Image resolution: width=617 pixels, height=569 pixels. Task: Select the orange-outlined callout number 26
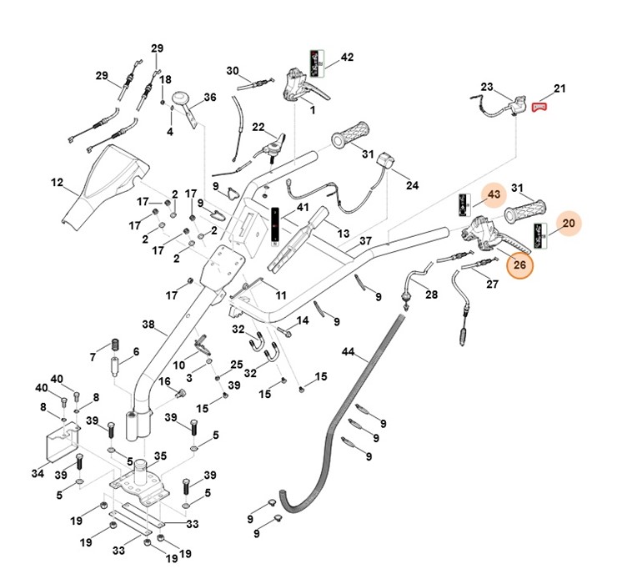[519, 265]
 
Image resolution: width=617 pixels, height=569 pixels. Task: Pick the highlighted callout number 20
[569, 223]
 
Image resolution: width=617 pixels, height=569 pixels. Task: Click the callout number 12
[57, 182]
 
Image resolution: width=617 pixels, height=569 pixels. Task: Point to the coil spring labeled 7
[117, 345]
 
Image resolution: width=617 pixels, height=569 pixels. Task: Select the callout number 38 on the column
[148, 324]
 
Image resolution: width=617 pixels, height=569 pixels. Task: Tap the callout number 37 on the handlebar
[365, 241]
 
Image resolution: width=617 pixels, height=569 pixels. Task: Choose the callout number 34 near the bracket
[37, 473]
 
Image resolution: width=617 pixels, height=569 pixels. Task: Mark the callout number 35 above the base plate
[160, 456]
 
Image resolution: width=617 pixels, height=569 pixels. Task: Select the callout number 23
[487, 86]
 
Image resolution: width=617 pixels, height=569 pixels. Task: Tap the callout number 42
[347, 58]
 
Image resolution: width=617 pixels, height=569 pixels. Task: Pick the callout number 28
[431, 295]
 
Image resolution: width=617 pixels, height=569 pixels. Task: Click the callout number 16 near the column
[165, 381]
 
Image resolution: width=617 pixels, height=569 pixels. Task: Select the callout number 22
[258, 127]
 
